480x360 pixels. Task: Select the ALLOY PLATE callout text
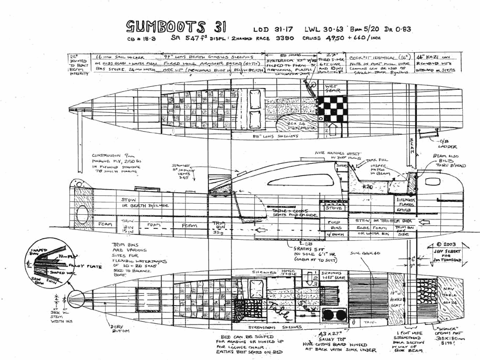click(73, 267)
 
